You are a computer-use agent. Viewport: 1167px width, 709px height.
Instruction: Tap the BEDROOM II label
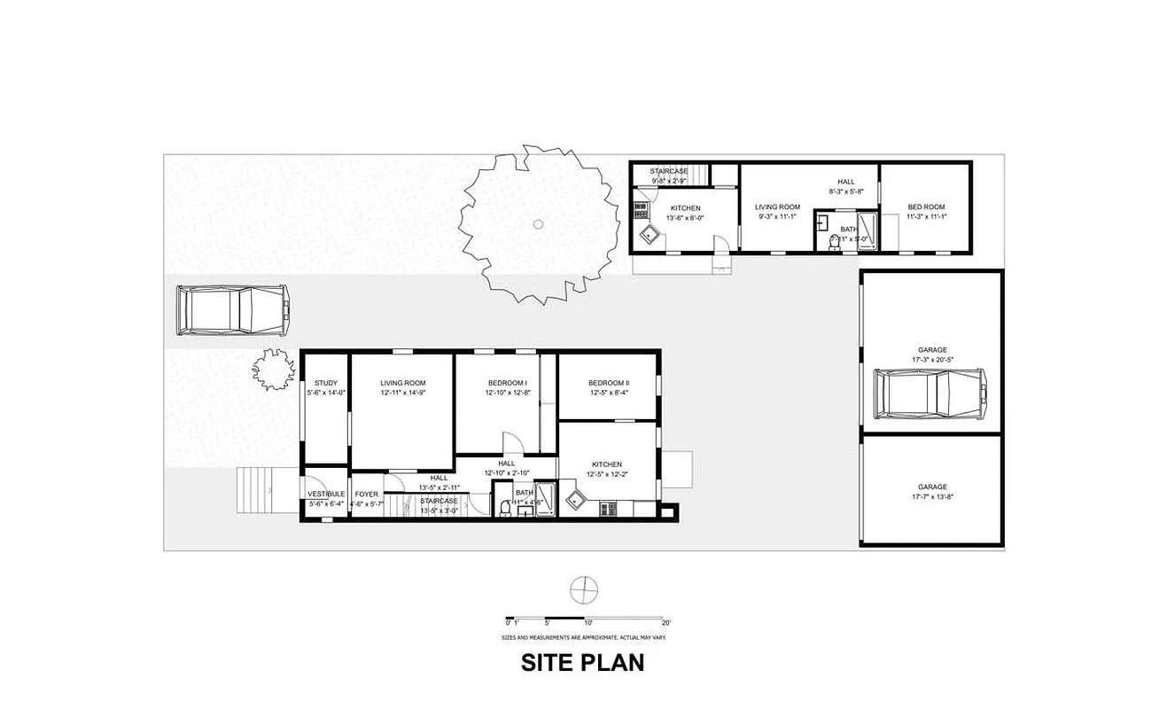coord(608,383)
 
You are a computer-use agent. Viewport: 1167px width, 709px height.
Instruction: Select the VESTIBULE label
coord(326,494)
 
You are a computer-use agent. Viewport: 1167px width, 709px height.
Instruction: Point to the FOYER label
coord(366,494)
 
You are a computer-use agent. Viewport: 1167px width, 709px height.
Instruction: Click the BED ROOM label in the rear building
coord(926,207)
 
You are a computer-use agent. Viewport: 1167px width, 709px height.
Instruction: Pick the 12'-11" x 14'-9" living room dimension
coord(403,393)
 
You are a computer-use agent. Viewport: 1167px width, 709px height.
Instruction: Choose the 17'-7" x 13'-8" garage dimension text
coord(932,496)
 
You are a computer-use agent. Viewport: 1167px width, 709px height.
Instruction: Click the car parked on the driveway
coord(233,310)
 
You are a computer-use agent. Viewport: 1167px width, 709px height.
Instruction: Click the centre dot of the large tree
coord(537,224)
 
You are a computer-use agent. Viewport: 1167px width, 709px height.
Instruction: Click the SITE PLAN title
coord(582,662)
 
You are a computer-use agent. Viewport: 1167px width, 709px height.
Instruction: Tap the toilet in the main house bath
coord(505,507)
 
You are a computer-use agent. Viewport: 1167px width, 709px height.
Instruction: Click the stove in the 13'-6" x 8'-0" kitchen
coord(639,210)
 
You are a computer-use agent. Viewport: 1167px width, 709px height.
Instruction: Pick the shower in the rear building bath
coord(867,230)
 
